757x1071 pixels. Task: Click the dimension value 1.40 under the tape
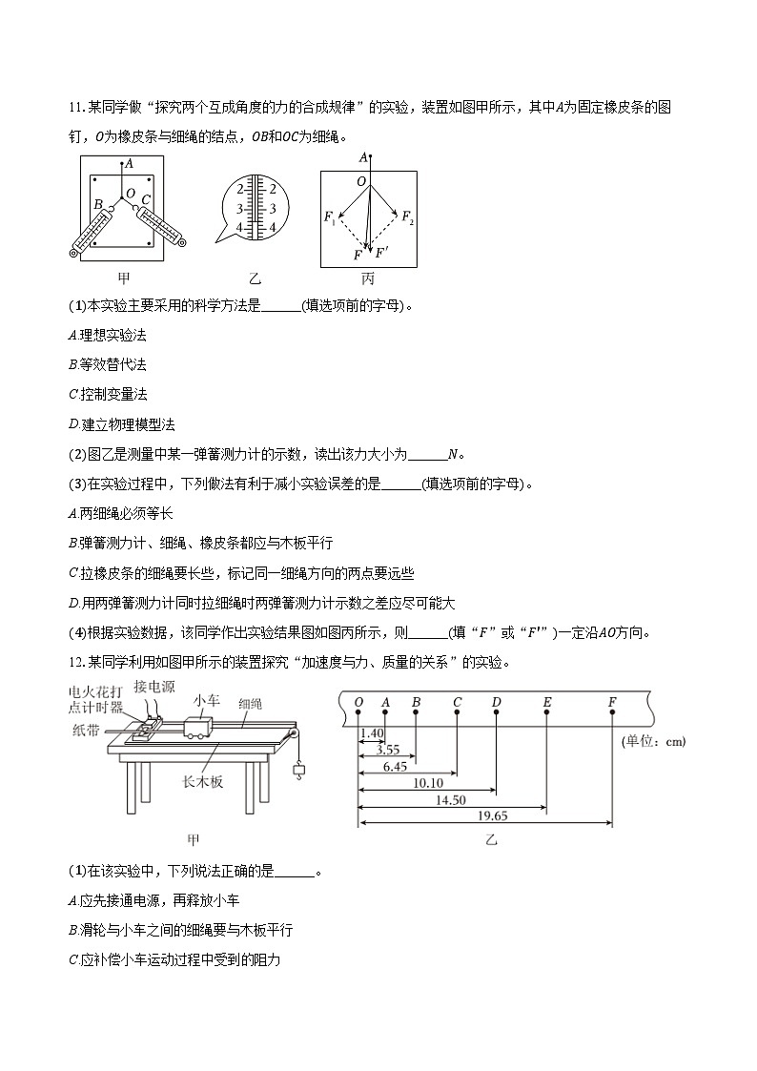(372, 732)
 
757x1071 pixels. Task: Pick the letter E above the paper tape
(546, 703)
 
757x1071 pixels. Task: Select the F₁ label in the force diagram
(330, 218)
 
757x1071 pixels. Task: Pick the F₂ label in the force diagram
(407, 217)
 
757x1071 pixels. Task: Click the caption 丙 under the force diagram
(368, 278)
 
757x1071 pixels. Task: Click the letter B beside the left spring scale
(97, 203)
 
